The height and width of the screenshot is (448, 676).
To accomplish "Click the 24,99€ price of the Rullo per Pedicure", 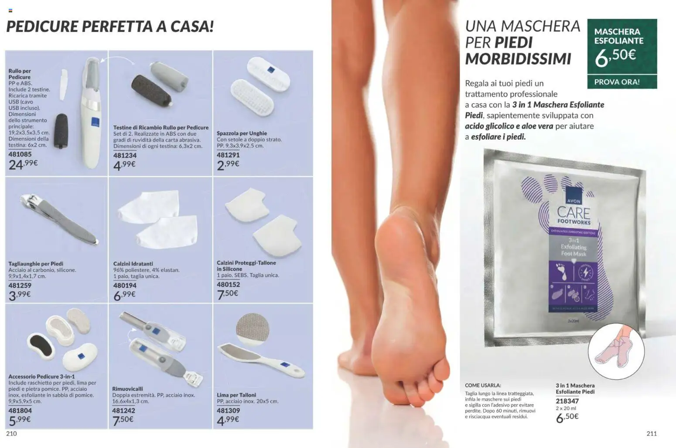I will pos(23,165).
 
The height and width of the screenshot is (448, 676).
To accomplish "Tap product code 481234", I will pos(125,155).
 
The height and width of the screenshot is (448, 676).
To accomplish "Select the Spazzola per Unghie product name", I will pos(242,133).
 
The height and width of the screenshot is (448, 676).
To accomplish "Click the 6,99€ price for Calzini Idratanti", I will pos(124,295).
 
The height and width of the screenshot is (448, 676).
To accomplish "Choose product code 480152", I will pos(228,285).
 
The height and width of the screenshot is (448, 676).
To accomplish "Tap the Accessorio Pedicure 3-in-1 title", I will pos(41,376).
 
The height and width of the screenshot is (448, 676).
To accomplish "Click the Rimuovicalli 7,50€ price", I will pos(123,420).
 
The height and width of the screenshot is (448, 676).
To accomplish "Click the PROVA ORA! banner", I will pos(617,82).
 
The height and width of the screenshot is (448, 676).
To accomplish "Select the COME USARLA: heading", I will pos(483,386).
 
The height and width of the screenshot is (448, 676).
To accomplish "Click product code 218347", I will pos(567,401).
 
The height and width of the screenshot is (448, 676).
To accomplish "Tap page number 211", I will pos(652,434).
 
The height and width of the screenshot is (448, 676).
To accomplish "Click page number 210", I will pos(11,434).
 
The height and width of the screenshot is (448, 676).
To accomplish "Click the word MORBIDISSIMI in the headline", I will pos(518,59).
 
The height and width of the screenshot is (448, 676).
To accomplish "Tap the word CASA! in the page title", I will pos(192,27).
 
